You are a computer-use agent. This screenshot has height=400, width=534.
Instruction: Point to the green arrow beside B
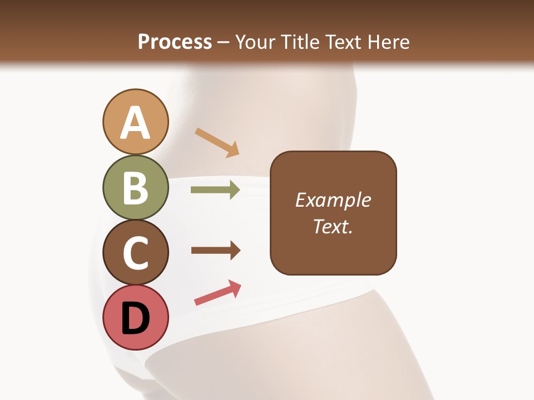click(x=215, y=190)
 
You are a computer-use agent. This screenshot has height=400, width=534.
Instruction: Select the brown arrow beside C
click(x=215, y=251)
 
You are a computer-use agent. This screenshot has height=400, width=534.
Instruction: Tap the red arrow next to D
click(x=217, y=293)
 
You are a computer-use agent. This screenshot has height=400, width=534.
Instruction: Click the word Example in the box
click(x=333, y=200)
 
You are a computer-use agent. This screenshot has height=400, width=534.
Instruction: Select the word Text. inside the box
click(x=333, y=226)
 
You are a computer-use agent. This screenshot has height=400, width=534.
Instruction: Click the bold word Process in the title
click(x=175, y=42)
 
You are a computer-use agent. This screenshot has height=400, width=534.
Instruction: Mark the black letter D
click(x=135, y=319)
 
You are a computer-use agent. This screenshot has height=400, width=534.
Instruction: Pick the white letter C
click(x=135, y=253)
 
